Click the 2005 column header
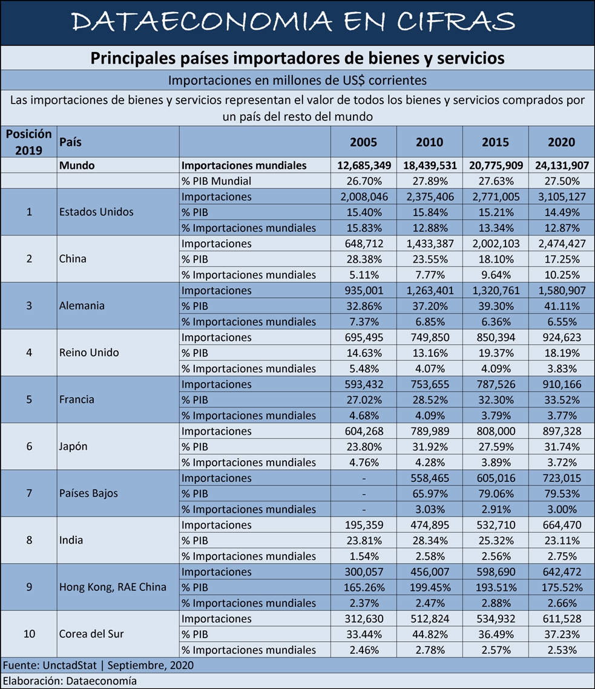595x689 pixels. [363, 142]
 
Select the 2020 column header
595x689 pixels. [561, 142]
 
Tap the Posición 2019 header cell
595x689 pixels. [28, 142]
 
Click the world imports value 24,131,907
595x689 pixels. [562, 166]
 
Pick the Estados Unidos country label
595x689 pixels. [96, 212]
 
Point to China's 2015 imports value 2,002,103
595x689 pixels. [496, 243]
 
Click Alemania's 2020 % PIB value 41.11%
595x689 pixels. [562, 306]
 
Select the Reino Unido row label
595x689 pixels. [89, 352]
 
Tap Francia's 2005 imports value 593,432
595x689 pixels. [364, 384]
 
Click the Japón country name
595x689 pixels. [73, 446]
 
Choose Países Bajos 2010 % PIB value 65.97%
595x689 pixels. [430, 494]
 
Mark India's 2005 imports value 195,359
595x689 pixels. [364, 525]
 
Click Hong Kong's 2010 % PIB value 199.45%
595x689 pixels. [430, 587]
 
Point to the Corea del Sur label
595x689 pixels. [91, 634]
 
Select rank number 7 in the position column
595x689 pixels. [29, 493]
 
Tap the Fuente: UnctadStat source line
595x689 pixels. [98, 665]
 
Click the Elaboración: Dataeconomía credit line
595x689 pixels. [70, 681]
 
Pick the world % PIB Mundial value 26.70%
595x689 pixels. [364, 181]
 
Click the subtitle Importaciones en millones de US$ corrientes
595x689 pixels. [298, 81]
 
